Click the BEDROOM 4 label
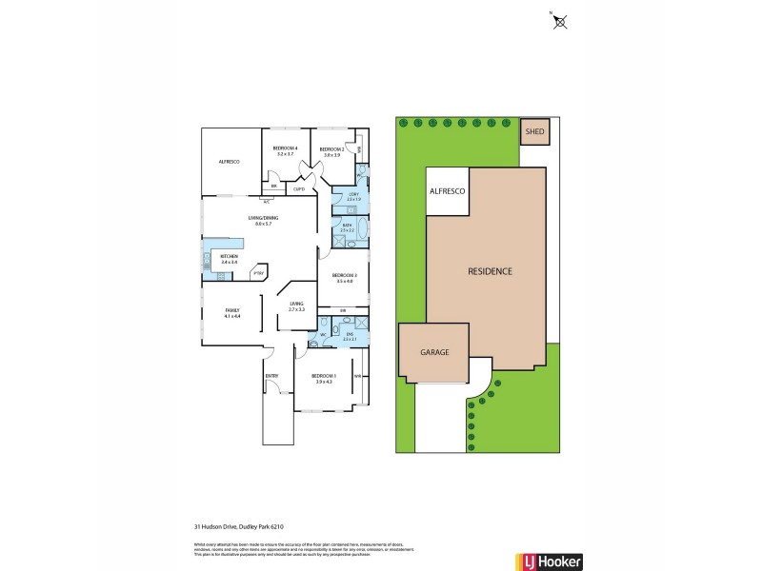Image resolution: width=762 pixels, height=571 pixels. coord(286,148)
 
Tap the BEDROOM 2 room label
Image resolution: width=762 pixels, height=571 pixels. coord(331,149)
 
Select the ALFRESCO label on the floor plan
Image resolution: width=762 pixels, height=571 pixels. coord(229,163)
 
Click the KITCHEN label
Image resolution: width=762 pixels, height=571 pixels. coord(229,257)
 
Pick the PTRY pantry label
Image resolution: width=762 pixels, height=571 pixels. coord(257,274)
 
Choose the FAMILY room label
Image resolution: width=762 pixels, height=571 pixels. coord(231,310)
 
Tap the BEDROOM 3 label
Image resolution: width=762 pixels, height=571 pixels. coord(344,277)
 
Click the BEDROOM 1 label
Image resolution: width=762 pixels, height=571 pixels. coord(322,378)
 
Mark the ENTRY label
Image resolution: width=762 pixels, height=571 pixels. coord(271,376)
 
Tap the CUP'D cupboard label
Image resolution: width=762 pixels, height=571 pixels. coord(298,188)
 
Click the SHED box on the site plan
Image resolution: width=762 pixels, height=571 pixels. coord(534,131)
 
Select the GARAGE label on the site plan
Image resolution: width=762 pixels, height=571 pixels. coord(434,351)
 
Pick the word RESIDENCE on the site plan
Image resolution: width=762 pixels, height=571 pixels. coord(490,271)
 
